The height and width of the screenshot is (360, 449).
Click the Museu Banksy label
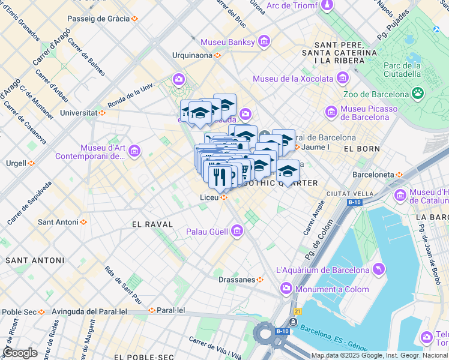pos(228,42)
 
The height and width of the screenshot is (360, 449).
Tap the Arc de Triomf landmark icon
pos(328,6)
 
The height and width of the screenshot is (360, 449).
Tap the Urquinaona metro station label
pos(191,55)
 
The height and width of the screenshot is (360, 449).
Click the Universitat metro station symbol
pos(103,112)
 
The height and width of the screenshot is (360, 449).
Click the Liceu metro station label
pos(209,197)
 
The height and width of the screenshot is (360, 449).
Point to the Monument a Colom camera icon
pos(286,289)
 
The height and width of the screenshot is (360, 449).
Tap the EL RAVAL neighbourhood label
pos(152,224)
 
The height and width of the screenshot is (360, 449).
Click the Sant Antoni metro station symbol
pos(83,222)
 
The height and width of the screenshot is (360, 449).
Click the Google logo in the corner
pos(20,353)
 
